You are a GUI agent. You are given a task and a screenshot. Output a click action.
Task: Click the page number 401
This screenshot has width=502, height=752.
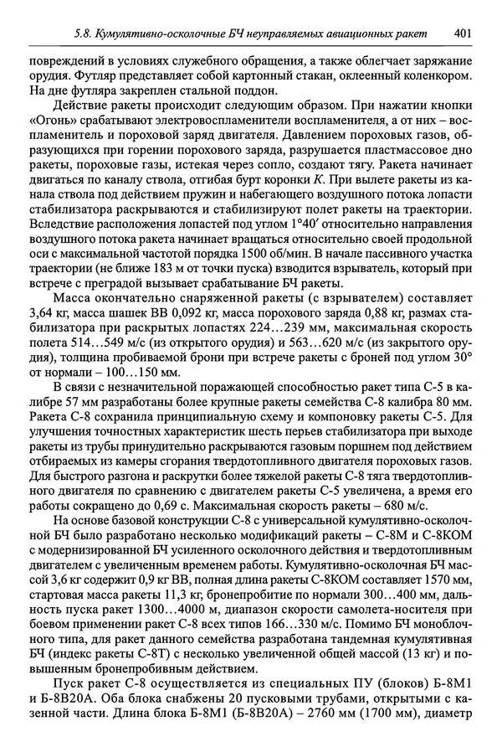pyautogui.click(x=467, y=33)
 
